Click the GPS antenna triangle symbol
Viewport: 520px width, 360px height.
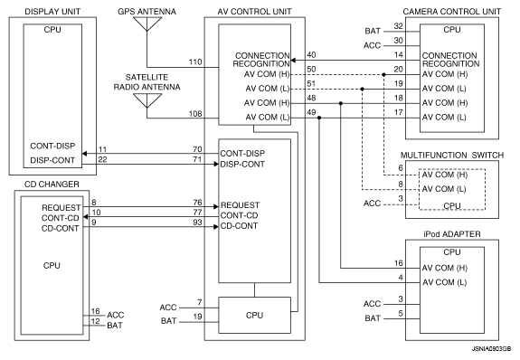coord(147,24)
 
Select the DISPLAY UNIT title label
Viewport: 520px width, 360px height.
coord(52,12)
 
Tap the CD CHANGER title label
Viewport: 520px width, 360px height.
coord(52,185)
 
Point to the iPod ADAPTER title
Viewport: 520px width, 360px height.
coord(452,234)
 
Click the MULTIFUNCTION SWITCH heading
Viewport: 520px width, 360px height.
coord(452,156)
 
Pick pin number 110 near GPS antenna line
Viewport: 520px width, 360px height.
coord(195,62)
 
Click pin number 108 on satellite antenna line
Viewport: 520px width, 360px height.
coord(195,114)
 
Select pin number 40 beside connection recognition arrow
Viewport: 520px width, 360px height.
coord(311,55)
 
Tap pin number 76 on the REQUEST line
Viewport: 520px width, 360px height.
coord(197,202)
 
